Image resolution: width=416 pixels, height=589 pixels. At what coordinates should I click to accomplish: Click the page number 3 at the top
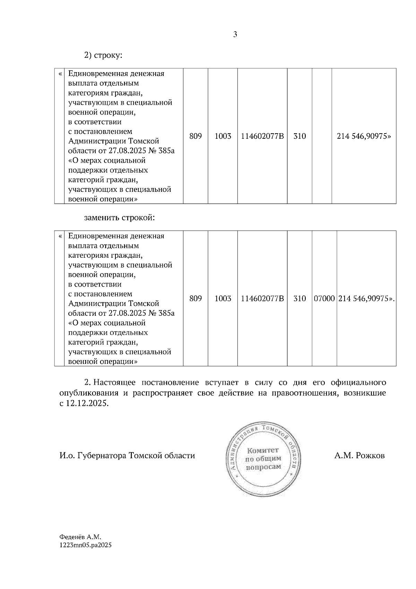(235, 34)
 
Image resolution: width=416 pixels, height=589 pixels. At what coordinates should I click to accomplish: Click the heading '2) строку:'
(103, 55)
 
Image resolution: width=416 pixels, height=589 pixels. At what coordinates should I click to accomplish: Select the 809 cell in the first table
(196, 136)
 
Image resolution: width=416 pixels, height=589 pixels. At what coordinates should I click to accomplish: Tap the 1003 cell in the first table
(223, 136)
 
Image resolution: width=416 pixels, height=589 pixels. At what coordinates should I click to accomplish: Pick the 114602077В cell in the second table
(262, 299)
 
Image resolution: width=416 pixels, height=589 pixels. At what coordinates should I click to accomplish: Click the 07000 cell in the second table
(324, 299)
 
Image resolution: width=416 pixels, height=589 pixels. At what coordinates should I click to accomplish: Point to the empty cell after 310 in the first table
(322, 136)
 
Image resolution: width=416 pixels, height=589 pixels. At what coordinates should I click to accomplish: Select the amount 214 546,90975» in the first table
(364, 136)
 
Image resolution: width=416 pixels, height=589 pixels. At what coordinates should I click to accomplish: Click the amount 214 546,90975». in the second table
(366, 299)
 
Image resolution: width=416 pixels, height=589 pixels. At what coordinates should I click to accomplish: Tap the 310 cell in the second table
(300, 299)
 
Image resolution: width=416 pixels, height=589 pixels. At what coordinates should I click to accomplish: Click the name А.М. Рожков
(359, 456)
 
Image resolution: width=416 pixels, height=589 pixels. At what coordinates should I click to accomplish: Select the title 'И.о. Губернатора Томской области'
(127, 456)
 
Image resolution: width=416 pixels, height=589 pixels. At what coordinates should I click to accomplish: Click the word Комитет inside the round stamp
(262, 451)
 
